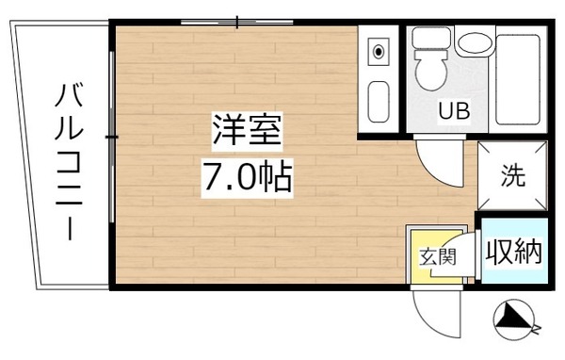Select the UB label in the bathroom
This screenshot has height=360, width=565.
pyautogui.click(x=453, y=111)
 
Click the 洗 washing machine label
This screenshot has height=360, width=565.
pyautogui.click(x=511, y=174)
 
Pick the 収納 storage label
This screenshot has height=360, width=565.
pyautogui.click(x=512, y=252)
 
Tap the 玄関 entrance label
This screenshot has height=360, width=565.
pyautogui.click(x=438, y=255)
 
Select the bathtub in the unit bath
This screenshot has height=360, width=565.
pyautogui.click(x=517, y=79)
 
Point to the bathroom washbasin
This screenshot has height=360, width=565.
pyautogui.click(x=474, y=42)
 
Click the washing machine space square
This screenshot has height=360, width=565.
pyautogui.click(x=511, y=175)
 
